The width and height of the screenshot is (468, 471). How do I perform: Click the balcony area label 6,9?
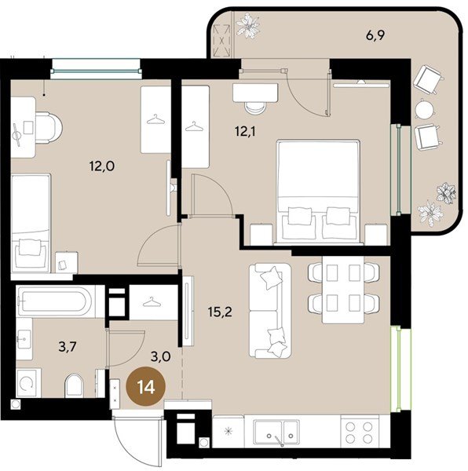tap(375, 36)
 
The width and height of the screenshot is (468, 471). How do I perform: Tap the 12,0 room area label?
tap(102, 166)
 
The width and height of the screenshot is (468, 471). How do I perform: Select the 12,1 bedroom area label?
tap(245, 132)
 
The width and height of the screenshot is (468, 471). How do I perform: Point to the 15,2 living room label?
tap(220, 312)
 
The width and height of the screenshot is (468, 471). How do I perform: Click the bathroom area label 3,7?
tap(68, 347)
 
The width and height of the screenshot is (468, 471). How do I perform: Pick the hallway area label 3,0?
tap(161, 357)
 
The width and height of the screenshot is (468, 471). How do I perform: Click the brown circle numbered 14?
tap(146, 386)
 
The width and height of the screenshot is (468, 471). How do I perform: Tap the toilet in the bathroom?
tap(74, 385)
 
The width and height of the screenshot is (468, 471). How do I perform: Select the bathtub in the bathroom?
tap(57, 301)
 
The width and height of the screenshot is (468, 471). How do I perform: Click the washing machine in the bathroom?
tap(28, 383)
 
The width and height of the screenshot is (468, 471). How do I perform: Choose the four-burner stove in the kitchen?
tap(359, 432)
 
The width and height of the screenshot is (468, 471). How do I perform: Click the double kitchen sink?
tap(276, 433)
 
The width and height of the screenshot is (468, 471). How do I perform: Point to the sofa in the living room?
tap(270, 311)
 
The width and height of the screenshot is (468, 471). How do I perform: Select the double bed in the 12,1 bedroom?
tap(318, 192)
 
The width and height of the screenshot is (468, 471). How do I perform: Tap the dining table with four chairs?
tap(343, 290)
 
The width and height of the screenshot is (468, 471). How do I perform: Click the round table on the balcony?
tap(425, 109)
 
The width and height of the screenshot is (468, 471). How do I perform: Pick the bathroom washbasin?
tap(24, 339)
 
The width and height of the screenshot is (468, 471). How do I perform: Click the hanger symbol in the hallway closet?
tap(152, 302)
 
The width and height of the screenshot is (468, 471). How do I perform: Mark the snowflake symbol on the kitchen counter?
tap(229, 431)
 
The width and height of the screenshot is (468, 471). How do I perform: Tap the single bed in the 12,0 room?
tap(31, 223)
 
